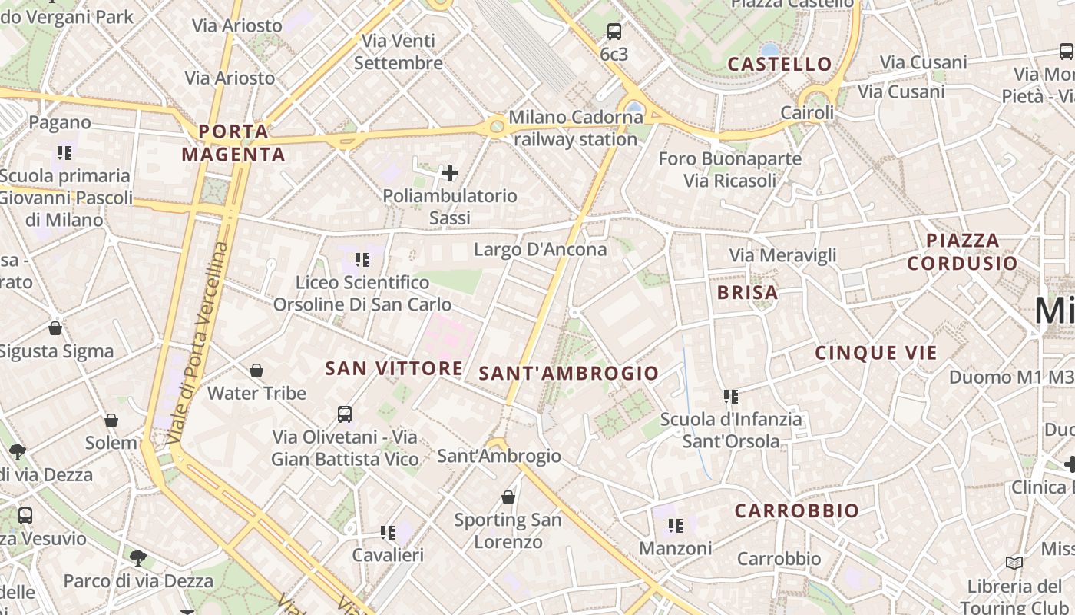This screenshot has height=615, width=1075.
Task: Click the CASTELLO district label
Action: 779,65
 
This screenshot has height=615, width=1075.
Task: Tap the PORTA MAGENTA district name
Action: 233,143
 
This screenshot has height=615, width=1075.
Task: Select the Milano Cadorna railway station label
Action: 575,128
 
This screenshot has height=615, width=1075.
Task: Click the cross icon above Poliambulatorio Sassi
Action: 450,173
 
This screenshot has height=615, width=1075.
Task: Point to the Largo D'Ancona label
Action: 540,249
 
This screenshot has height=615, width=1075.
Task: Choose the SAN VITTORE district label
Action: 394,368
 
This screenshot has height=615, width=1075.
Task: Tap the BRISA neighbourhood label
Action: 747,292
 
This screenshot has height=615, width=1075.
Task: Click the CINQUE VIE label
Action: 876,353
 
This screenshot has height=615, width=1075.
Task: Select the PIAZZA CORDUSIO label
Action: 962,251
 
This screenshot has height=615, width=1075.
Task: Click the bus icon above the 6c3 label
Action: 614,32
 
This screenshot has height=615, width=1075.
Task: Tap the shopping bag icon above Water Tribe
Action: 256,371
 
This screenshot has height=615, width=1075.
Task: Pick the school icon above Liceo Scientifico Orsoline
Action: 362,260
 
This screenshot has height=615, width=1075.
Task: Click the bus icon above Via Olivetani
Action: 345,414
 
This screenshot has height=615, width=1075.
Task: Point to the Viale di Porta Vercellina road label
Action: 197,342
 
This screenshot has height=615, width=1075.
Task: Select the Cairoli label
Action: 807,113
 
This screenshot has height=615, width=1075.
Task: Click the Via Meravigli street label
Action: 782,255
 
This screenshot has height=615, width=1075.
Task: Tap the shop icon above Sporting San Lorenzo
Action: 508,497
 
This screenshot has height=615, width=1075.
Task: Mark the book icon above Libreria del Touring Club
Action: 1014,563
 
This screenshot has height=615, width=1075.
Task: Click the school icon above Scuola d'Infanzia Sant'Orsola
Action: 730,397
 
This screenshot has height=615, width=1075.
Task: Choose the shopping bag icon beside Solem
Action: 111,421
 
